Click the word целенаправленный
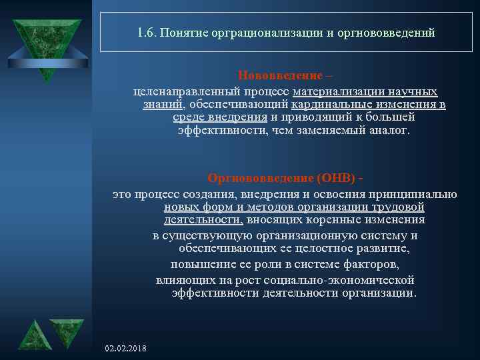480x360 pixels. pyautogui.click(x=170, y=91)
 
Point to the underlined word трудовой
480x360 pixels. pyautogui.click(x=401, y=207)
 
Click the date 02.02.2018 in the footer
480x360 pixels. pyautogui.click(x=127, y=349)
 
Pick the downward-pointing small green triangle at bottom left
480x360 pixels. pyautogui.click(x=68, y=332)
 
